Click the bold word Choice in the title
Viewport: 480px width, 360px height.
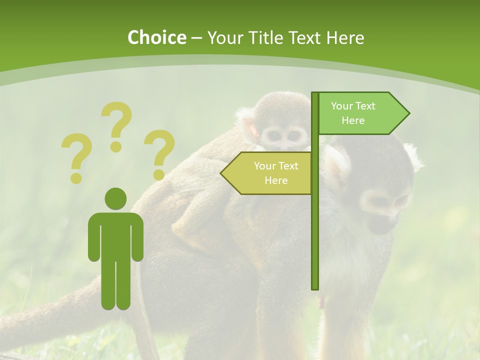tap(156, 37)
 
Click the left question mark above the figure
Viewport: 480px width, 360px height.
tap(76, 156)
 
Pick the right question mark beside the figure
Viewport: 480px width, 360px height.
tap(159, 153)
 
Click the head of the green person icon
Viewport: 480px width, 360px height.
tap(115, 198)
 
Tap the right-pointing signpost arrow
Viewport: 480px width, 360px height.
tap(362, 113)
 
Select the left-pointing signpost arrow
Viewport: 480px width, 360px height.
tap(267, 173)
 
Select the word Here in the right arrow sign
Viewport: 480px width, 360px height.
tap(353, 120)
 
